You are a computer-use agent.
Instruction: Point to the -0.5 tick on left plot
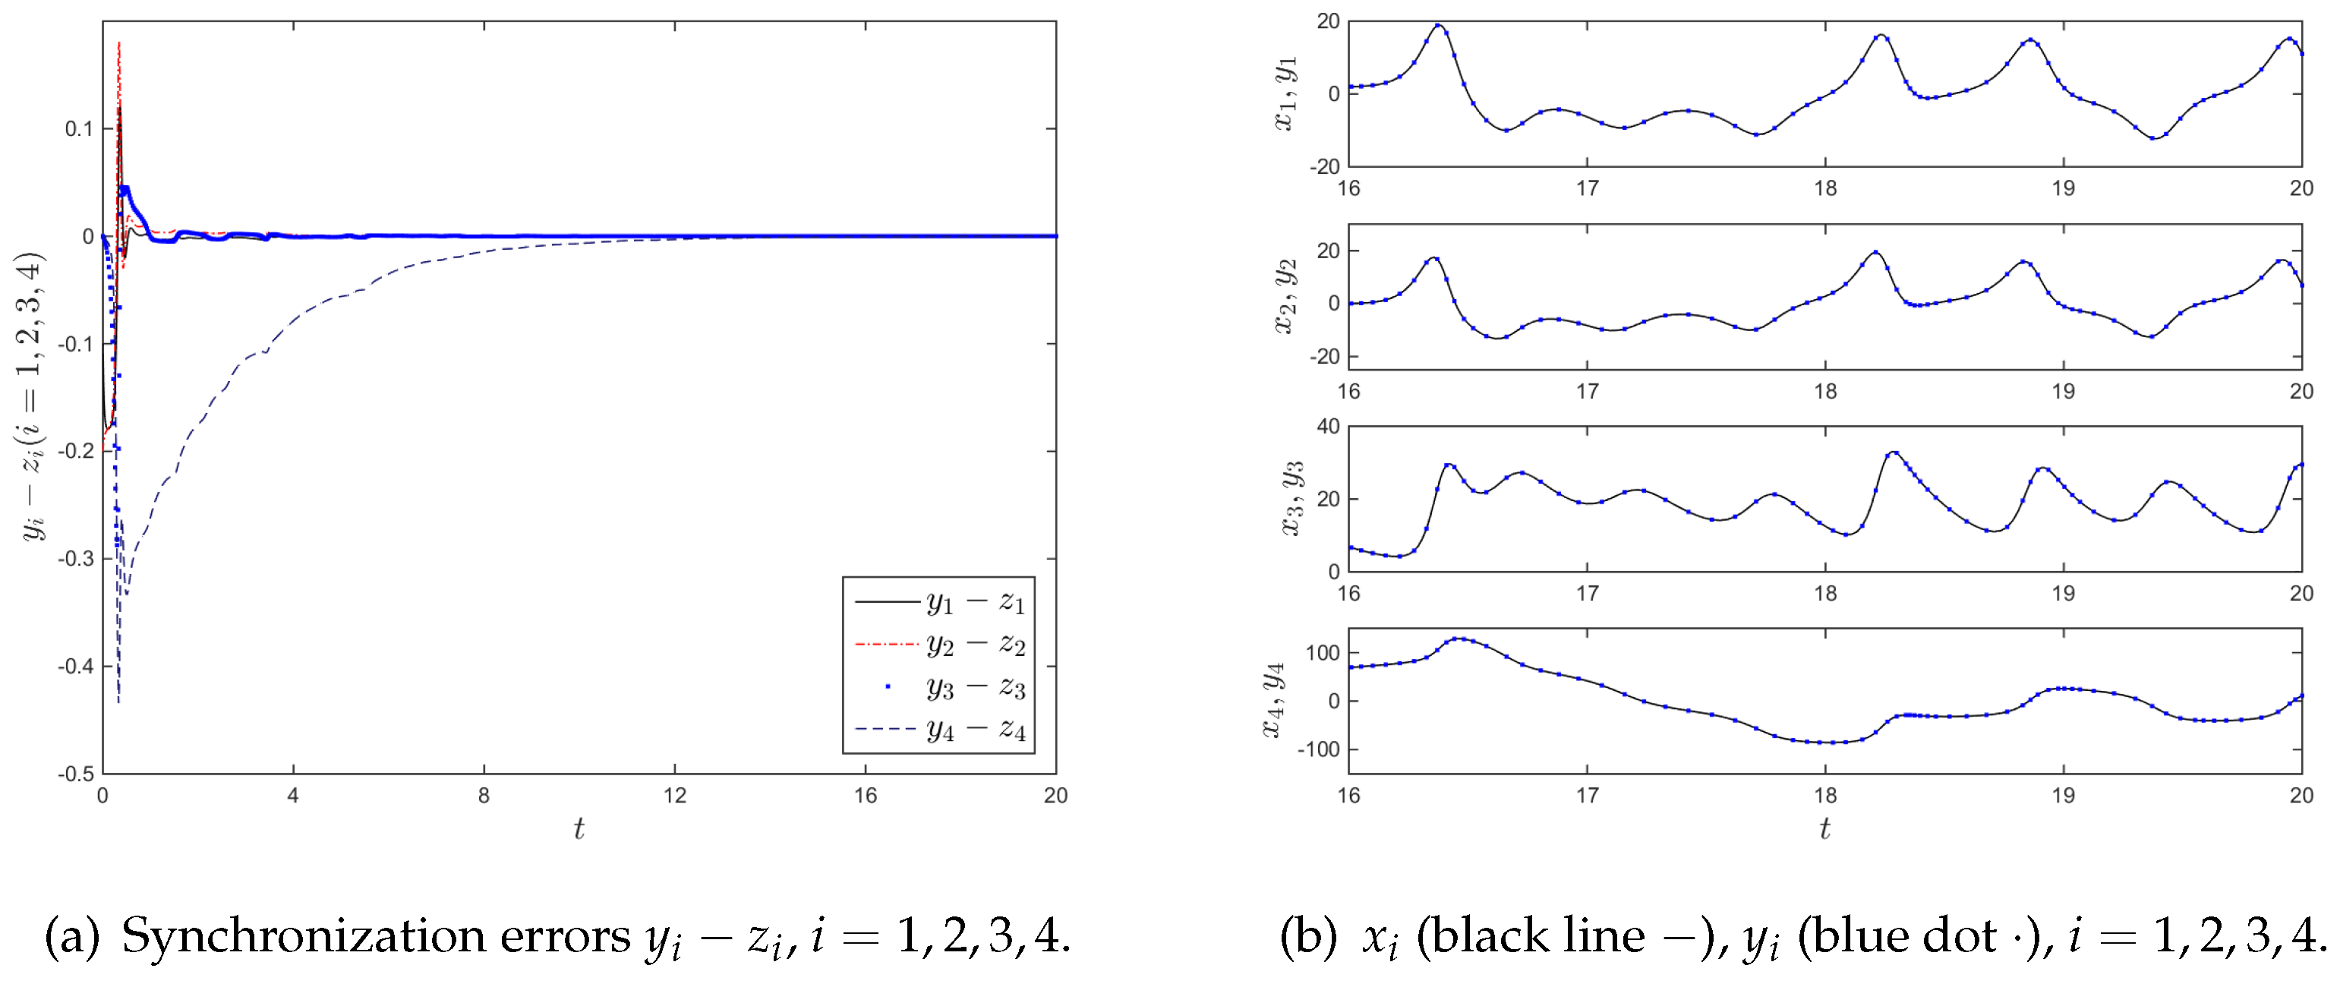point(75,774)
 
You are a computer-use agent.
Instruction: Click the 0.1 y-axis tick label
point(78,129)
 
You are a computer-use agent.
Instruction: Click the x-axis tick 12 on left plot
point(674,796)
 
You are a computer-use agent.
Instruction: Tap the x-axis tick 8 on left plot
point(483,796)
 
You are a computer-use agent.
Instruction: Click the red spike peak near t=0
point(119,42)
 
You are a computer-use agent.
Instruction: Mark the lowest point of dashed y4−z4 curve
point(119,701)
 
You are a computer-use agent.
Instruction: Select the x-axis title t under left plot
point(579,828)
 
